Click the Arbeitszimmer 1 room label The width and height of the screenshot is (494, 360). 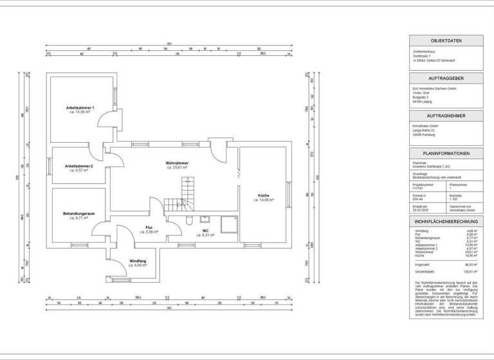point(80,107)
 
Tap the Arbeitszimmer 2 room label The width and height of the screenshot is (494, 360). point(79,166)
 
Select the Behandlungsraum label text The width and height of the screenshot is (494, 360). point(79,213)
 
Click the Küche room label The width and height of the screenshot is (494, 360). point(264,195)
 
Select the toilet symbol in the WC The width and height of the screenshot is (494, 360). point(190,221)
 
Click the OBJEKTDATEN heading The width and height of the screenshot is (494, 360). point(446,40)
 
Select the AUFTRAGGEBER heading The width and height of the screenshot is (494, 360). point(446,77)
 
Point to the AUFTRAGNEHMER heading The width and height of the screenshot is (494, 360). point(446,115)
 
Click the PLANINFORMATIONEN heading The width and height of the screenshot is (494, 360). point(446,154)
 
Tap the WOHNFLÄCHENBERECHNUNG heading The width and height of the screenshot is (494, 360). point(446,221)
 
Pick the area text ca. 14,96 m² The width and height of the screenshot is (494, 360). point(264,200)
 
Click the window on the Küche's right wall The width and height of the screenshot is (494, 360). point(290,195)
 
